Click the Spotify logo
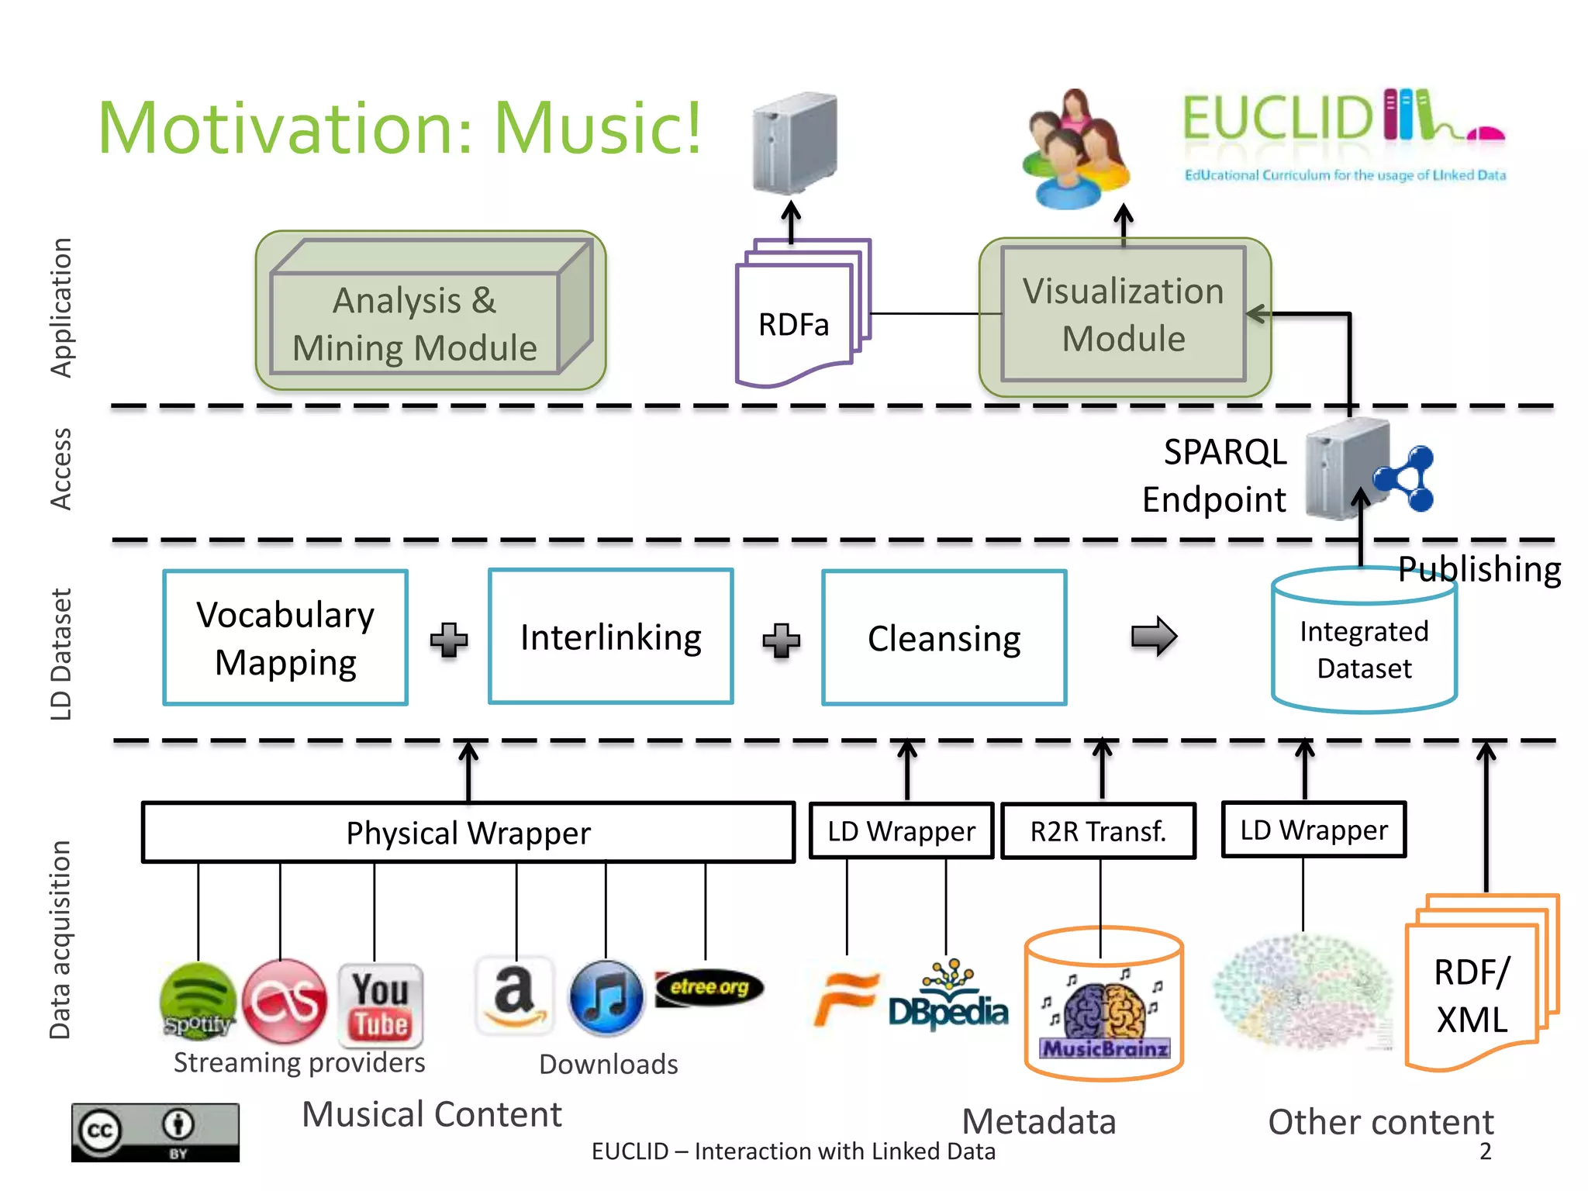tap(198, 1000)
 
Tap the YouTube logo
tap(381, 1005)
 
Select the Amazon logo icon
tap(515, 996)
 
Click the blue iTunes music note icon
tap(606, 998)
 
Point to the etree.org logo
tap(709, 987)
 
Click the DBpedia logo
tap(948, 996)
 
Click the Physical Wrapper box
tap(468, 832)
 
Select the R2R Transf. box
tap(1099, 831)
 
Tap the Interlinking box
tap(611, 637)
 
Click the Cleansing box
tap(944, 638)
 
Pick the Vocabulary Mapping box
tap(285, 638)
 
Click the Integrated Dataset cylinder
tap(1365, 640)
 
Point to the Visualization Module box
tap(1124, 316)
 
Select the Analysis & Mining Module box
tap(431, 310)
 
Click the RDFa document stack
tap(803, 312)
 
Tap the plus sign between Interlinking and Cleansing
tap(781, 640)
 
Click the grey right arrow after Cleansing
tap(1155, 637)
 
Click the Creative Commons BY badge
tap(155, 1132)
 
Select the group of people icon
tap(1076, 149)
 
